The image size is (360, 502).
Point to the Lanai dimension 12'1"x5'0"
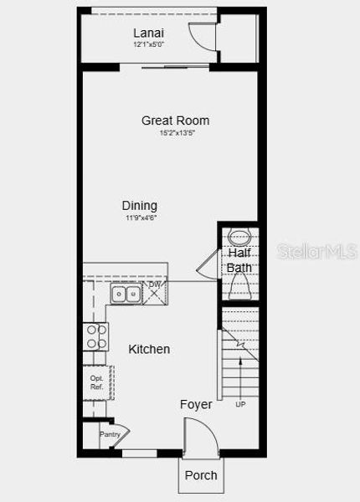pos(149,44)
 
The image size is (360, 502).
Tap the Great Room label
pos(175,120)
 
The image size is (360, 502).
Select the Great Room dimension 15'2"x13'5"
pos(175,133)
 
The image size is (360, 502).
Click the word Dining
pos(139,206)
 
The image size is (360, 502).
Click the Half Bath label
pos(239,260)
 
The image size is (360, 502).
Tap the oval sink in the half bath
pos(239,236)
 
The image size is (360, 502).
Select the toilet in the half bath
pos(239,289)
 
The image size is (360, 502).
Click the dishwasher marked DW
pos(156,293)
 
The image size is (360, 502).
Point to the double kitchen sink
pos(126,294)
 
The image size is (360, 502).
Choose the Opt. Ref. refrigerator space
pos(96,382)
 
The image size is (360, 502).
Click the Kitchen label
pos(149,349)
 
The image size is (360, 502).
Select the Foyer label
pos(196,405)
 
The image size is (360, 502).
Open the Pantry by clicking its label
pos(110,434)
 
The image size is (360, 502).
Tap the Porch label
pos(201,475)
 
